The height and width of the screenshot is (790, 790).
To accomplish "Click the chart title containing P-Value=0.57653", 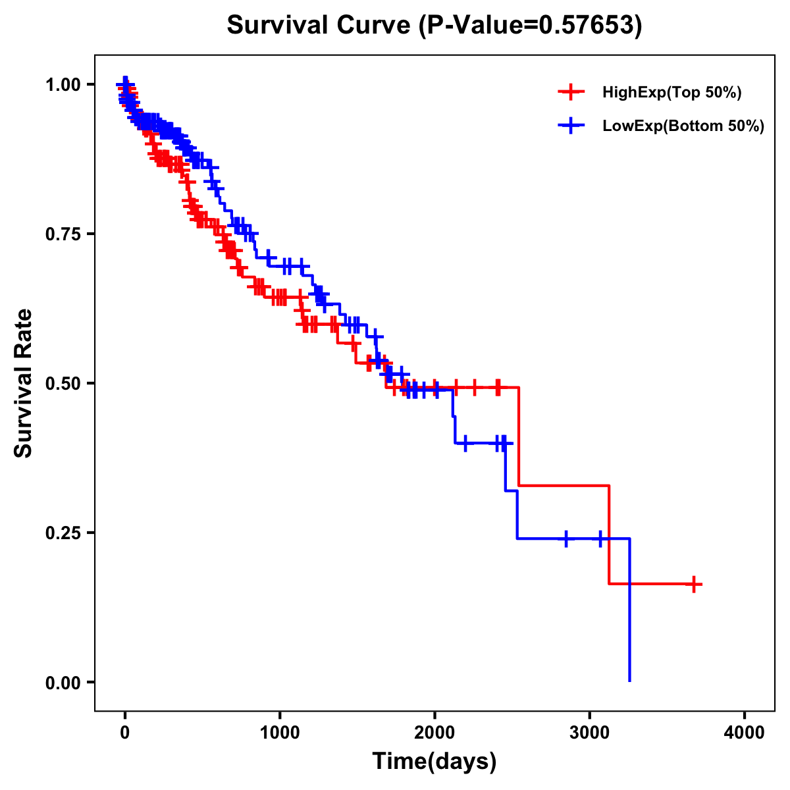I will tap(434, 25).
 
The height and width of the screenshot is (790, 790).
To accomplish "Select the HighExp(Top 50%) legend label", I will tap(671, 93).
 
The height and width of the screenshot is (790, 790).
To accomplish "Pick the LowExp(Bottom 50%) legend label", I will tap(683, 126).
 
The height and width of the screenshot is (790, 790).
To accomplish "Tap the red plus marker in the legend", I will tap(571, 93).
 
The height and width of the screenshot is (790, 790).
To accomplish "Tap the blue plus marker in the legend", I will tap(571, 126).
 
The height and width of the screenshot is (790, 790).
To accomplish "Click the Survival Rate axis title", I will tap(24, 383).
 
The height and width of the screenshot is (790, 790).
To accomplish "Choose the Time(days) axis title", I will tap(434, 762).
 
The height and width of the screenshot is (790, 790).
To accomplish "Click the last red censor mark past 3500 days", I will tap(694, 584).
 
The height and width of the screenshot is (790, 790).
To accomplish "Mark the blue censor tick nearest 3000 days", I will tap(600, 539).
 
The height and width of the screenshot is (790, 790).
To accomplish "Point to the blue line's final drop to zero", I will tap(630, 612).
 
